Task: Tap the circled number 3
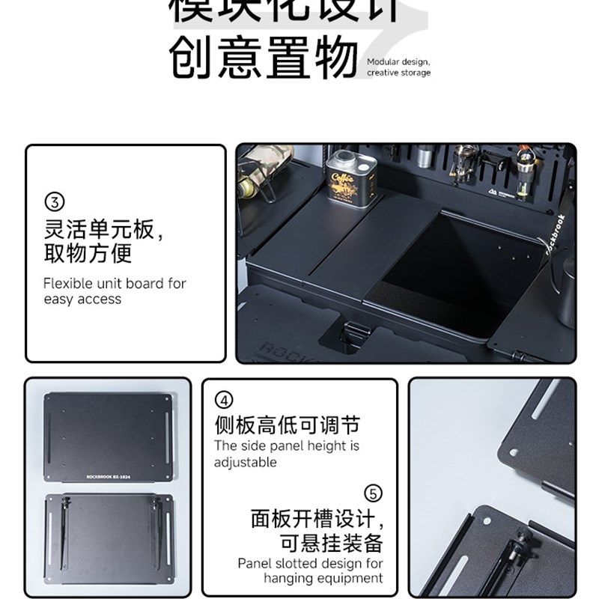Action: [55, 201]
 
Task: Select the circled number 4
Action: [225, 399]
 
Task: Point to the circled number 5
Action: [373, 493]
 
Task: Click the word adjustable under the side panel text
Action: [245, 462]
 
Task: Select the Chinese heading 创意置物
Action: [262, 58]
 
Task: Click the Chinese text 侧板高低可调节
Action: [287, 426]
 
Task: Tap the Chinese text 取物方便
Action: [88, 253]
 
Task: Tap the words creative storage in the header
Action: [398, 73]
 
